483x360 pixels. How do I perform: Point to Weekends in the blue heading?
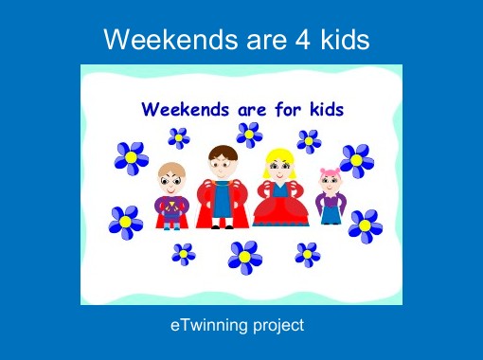click(x=185, y=108)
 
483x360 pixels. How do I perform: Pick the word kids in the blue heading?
click(x=322, y=108)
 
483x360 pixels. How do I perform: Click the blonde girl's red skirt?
click(x=280, y=210)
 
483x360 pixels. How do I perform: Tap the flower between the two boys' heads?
click(x=179, y=138)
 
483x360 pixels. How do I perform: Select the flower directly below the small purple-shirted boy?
click(x=183, y=254)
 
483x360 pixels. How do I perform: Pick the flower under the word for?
click(x=249, y=135)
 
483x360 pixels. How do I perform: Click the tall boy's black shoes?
click(x=222, y=225)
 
